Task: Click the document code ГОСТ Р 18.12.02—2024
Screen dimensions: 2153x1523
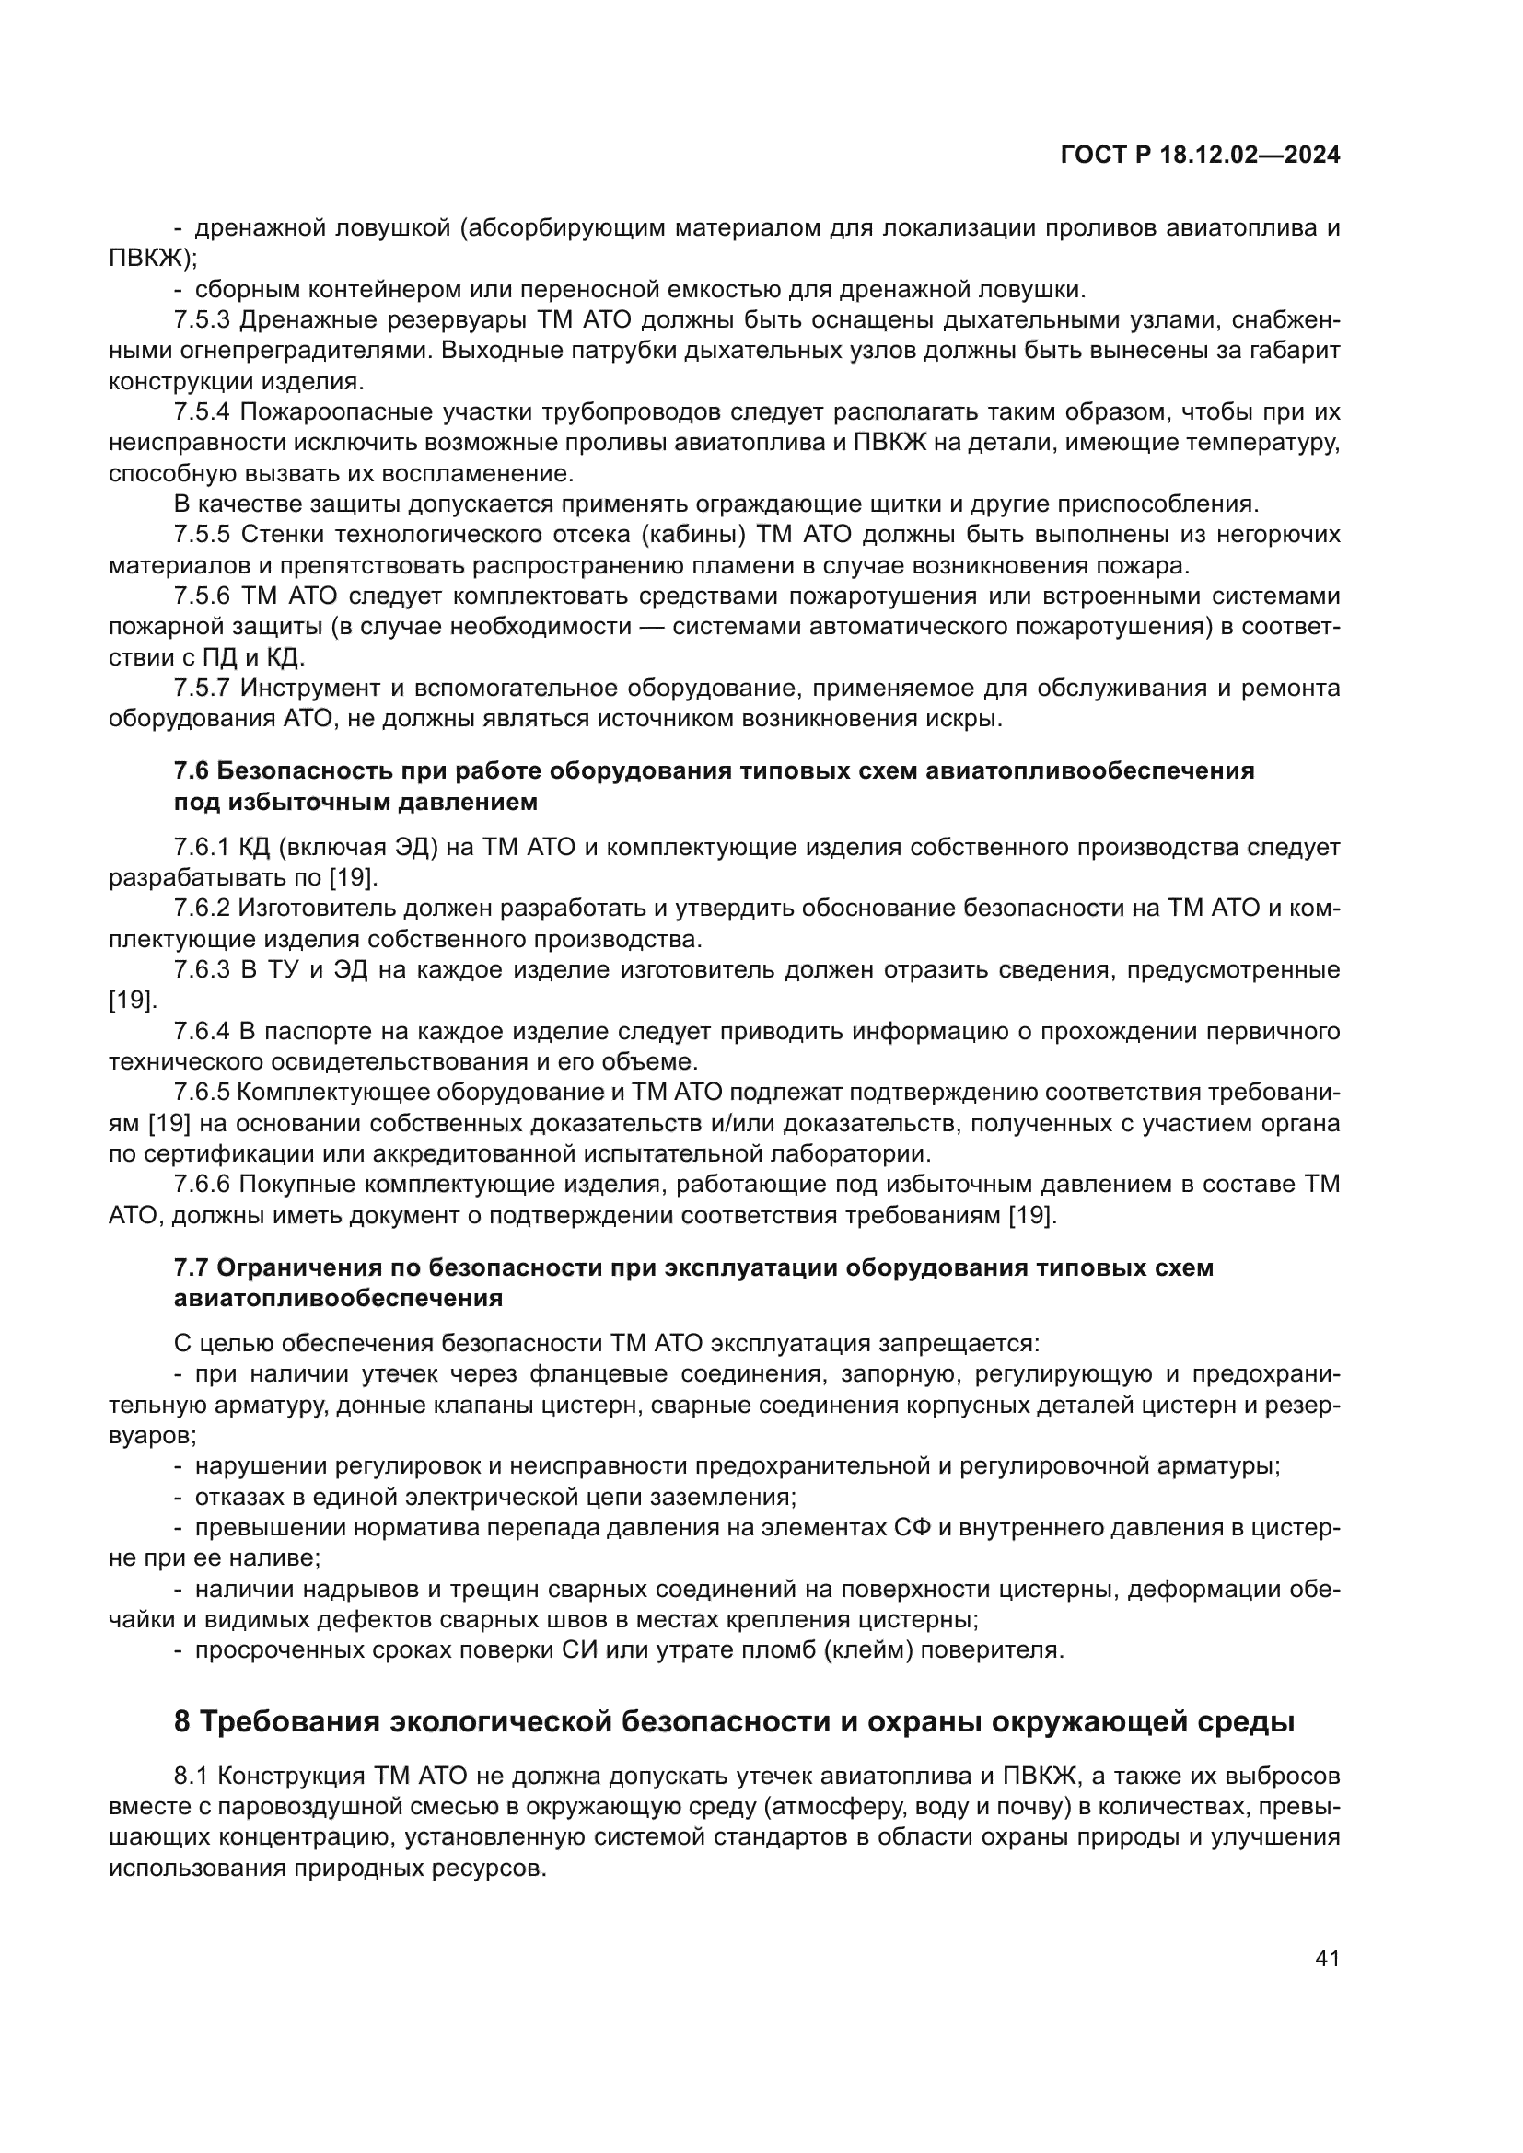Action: click(x=1200, y=156)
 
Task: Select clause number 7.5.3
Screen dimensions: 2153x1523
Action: click(x=202, y=320)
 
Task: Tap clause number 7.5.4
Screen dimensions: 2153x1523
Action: click(x=202, y=412)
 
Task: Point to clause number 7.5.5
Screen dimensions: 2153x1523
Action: click(x=202, y=536)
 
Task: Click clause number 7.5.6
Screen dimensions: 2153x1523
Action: click(x=202, y=596)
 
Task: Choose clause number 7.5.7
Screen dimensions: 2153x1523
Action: click(x=202, y=689)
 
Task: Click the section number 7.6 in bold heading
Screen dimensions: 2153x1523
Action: click(x=192, y=771)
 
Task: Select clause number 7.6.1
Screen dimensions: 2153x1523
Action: click(x=202, y=848)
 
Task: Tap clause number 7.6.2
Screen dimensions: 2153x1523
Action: click(x=202, y=909)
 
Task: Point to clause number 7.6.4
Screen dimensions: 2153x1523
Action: click(x=202, y=1032)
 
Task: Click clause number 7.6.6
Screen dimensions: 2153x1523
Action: click(x=202, y=1185)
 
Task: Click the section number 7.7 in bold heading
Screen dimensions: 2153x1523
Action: click(x=192, y=1267)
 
